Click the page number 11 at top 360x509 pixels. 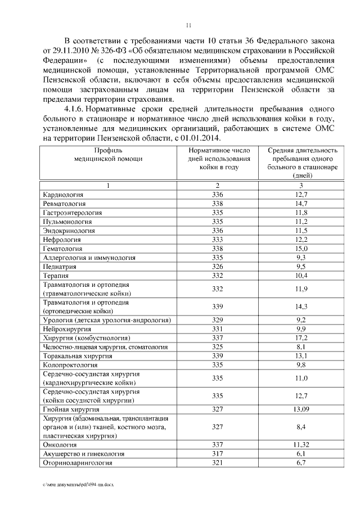(189, 24)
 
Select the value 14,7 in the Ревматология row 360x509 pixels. (301, 203)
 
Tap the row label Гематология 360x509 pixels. (62, 248)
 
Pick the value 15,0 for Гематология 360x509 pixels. (301, 248)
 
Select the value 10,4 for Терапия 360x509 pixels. (301, 275)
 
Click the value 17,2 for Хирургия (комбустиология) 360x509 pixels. (301, 337)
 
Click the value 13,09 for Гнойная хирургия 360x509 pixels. (301, 409)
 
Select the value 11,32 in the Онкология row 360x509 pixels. (301, 444)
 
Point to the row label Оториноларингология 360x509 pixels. (78, 462)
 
